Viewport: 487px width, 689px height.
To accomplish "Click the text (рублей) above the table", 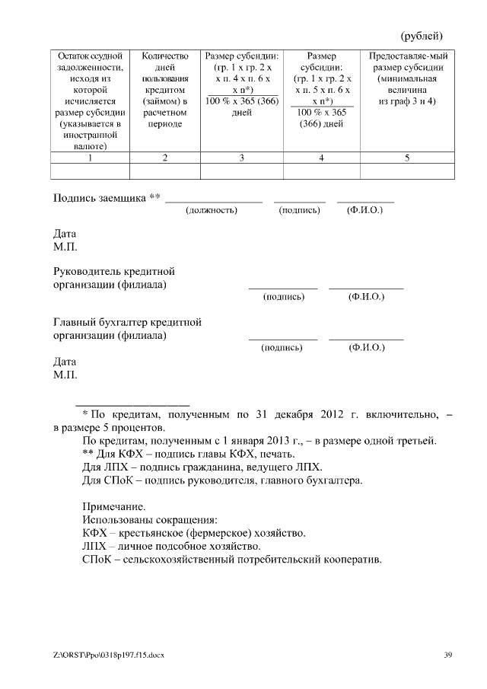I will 421,36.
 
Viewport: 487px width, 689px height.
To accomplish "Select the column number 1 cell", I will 90,158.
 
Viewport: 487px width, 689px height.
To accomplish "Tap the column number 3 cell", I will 241,158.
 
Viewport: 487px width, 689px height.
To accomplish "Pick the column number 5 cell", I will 407,158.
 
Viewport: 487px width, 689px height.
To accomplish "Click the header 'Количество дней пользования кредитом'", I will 165,90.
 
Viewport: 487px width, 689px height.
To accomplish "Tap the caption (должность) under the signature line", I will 212,210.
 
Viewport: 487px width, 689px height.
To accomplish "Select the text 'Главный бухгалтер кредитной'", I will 127,321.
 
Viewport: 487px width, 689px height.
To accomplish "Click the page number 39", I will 448,656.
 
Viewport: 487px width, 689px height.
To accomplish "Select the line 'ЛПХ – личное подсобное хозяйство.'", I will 171,547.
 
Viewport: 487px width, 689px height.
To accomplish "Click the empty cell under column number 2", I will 165,171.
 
